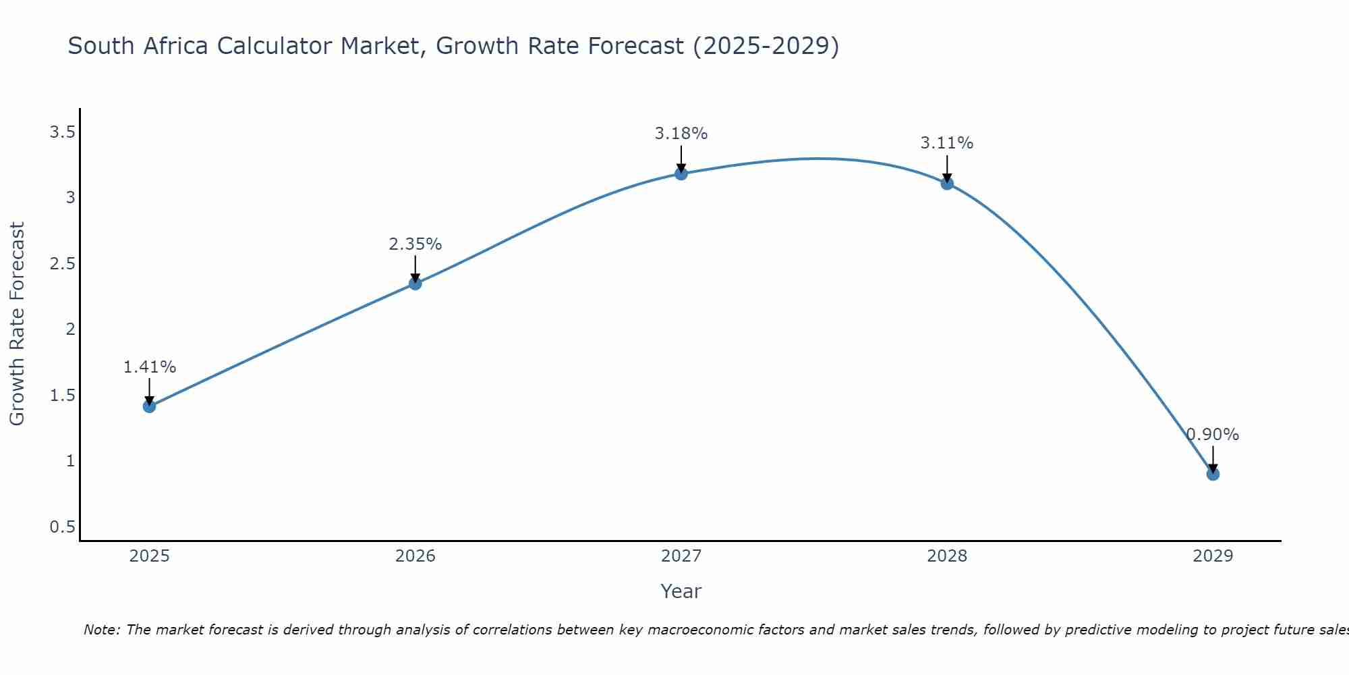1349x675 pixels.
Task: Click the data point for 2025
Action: click(149, 406)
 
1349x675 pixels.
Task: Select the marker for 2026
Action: click(415, 283)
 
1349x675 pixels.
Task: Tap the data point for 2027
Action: click(681, 174)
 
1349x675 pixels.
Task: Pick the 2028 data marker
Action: click(947, 183)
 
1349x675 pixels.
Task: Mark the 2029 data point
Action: click(1213, 475)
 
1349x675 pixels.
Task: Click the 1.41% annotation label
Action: click(149, 367)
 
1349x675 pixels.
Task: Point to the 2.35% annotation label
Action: click(415, 244)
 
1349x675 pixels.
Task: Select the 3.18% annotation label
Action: click(681, 134)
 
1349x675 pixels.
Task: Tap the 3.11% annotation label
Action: click(947, 143)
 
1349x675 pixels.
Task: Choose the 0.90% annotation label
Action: click(1213, 435)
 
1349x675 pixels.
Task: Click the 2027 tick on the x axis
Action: click(681, 556)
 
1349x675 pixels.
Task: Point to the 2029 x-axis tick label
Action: click(1213, 556)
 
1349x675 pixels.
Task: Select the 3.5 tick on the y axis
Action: click(62, 132)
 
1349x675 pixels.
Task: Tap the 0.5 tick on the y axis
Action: click(62, 526)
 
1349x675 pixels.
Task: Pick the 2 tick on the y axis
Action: click(69, 329)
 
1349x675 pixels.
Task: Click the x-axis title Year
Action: click(681, 591)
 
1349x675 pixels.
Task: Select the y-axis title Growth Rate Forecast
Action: click(18, 324)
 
